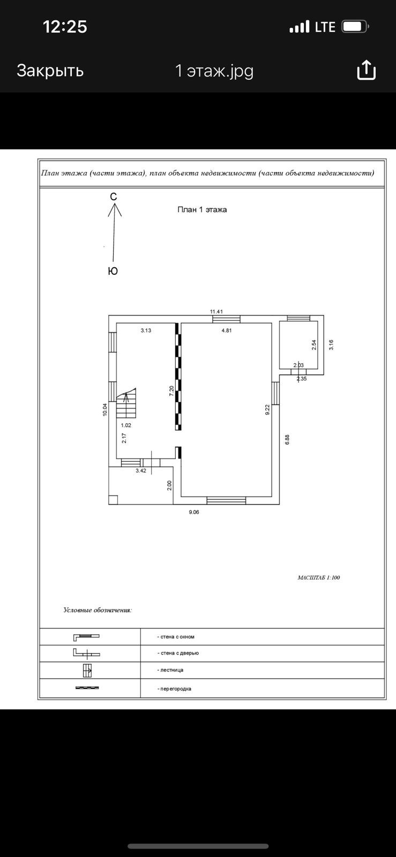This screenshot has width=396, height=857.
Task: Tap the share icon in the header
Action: click(x=367, y=70)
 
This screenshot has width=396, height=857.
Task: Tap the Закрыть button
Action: click(x=50, y=70)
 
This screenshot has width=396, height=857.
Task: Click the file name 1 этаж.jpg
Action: click(x=214, y=71)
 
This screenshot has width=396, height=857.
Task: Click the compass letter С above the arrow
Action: click(x=114, y=197)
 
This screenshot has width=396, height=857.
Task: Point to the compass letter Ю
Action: click(x=113, y=271)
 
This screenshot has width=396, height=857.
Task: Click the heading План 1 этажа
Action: click(x=202, y=209)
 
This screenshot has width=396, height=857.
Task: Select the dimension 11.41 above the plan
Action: click(x=216, y=311)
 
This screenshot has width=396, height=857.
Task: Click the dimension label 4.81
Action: click(x=227, y=330)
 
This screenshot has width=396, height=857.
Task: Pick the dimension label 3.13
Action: click(x=146, y=330)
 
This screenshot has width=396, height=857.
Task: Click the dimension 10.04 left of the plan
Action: click(x=106, y=409)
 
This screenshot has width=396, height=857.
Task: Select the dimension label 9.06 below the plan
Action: click(x=194, y=512)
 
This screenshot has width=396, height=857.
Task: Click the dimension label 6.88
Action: click(x=287, y=439)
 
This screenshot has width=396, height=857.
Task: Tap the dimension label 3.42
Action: click(x=141, y=471)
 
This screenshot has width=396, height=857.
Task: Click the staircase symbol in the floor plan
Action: click(x=127, y=405)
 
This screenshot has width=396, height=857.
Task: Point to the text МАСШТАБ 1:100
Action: click(x=318, y=577)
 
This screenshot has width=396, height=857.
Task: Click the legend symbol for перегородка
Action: click(x=87, y=688)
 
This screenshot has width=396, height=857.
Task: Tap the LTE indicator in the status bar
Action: click(x=325, y=27)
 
